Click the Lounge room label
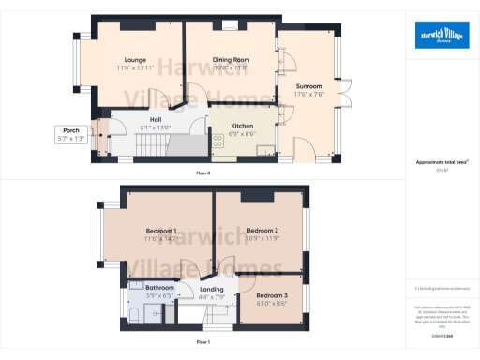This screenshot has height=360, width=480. tap(134, 60)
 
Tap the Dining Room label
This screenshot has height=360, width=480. tap(230, 60)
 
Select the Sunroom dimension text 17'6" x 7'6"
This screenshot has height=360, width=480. tap(308, 94)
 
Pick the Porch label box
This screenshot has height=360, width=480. tap(68, 134)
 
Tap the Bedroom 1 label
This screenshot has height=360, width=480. tap(161, 231)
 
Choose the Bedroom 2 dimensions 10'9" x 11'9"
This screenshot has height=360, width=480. tap(262, 238)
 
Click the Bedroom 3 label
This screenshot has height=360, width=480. tap(270, 295)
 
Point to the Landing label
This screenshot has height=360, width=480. tap(211, 290)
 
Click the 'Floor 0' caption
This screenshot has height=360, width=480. tap(202, 173)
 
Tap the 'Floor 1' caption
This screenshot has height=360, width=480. tap(202, 342)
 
